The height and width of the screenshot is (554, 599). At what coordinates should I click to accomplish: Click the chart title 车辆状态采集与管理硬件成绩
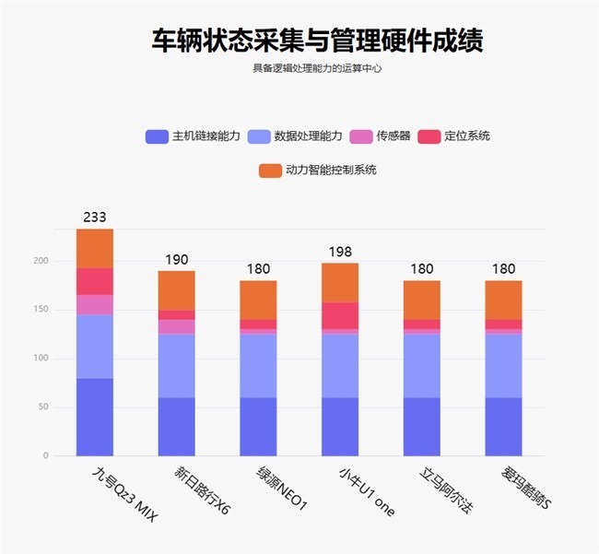click(x=317, y=41)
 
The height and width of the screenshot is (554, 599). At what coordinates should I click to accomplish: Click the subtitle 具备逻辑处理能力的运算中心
click(x=317, y=67)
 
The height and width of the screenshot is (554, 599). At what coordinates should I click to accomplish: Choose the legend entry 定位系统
click(x=454, y=136)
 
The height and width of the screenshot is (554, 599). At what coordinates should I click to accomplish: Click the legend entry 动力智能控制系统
click(x=318, y=171)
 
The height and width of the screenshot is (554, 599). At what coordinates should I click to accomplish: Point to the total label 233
click(x=94, y=218)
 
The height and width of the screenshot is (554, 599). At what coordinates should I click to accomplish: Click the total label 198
click(x=340, y=253)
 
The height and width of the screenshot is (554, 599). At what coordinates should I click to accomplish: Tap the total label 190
click(x=176, y=260)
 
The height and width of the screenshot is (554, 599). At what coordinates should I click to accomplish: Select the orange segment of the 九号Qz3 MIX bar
click(x=94, y=248)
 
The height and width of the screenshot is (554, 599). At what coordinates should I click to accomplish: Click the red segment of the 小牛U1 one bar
click(x=340, y=315)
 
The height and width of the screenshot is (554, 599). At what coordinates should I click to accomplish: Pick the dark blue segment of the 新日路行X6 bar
click(x=176, y=426)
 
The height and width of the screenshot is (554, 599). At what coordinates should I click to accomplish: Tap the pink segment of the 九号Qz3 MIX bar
click(x=94, y=304)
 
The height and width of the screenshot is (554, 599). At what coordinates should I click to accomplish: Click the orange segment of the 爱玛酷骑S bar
click(x=503, y=300)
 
